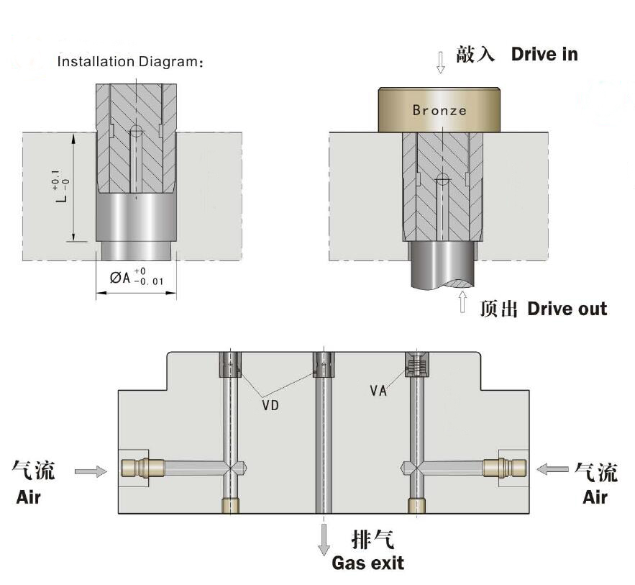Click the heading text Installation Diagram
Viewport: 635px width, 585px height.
click(x=130, y=61)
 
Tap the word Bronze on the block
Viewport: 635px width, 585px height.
click(x=439, y=110)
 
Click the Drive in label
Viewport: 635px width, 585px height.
click(x=544, y=54)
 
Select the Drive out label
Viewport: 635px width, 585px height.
click(x=567, y=309)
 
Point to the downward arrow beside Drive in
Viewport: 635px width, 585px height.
click(x=440, y=62)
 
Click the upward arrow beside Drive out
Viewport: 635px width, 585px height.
click(x=463, y=301)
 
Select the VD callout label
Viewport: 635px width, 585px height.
click(x=270, y=405)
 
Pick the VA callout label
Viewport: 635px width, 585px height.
click(x=379, y=391)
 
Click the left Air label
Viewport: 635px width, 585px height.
click(x=29, y=496)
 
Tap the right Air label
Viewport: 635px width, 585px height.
click(x=595, y=496)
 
